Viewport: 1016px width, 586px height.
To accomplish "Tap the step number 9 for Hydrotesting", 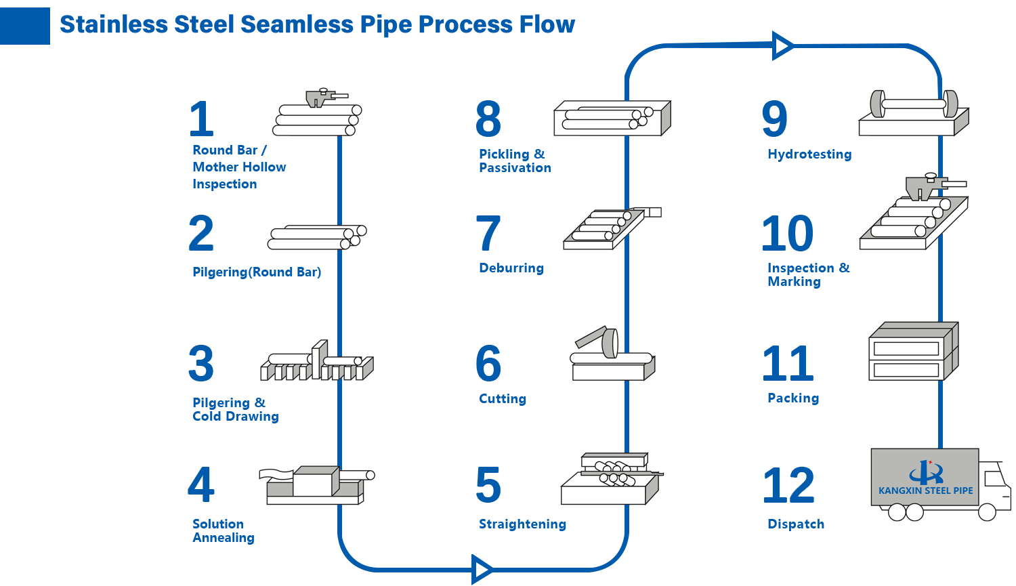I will coord(774,119).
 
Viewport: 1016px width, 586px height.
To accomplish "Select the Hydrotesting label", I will coord(809,154).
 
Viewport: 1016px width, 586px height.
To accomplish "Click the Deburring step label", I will coord(511,268).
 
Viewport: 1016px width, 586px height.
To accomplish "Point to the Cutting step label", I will coord(503,399).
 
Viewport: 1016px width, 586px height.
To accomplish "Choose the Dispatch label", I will coord(796,524).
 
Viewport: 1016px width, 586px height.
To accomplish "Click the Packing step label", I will coord(793,398).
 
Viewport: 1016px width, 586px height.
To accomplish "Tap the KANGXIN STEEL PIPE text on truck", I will coord(925,490).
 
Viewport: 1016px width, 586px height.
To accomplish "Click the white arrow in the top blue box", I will coord(782,45).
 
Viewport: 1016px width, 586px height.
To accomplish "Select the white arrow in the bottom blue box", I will coord(482,569).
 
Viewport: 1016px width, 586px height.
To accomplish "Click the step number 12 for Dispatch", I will coord(788,484).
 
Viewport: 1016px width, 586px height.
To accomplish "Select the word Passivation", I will coord(515,168).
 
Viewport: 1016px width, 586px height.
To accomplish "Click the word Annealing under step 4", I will coord(224,538).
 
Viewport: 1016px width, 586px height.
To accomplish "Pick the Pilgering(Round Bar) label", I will coord(257,272).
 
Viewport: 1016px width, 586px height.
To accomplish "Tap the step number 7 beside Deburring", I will coord(488,232).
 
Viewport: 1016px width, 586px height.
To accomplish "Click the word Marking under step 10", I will coord(795,282).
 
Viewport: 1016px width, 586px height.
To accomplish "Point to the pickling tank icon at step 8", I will coord(612,119).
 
